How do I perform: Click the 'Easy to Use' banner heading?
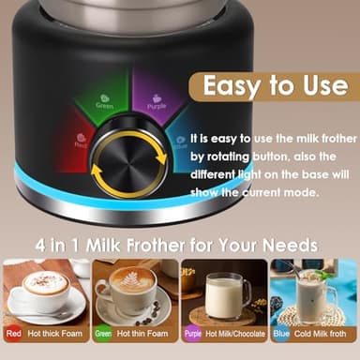click(x=275, y=85)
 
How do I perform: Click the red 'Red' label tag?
click(x=13, y=333)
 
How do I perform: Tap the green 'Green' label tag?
click(x=104, y=333)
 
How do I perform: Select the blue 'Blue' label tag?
click(x=280, y=333)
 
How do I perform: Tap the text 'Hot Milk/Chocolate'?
click(x=235, y=333)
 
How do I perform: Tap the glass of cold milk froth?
click(x=317, y=294)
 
